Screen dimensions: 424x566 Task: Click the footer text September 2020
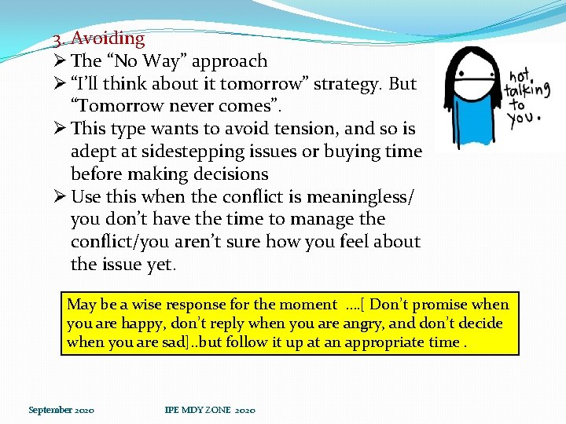click(61, 410)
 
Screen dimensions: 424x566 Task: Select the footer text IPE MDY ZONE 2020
click(209, 410)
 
